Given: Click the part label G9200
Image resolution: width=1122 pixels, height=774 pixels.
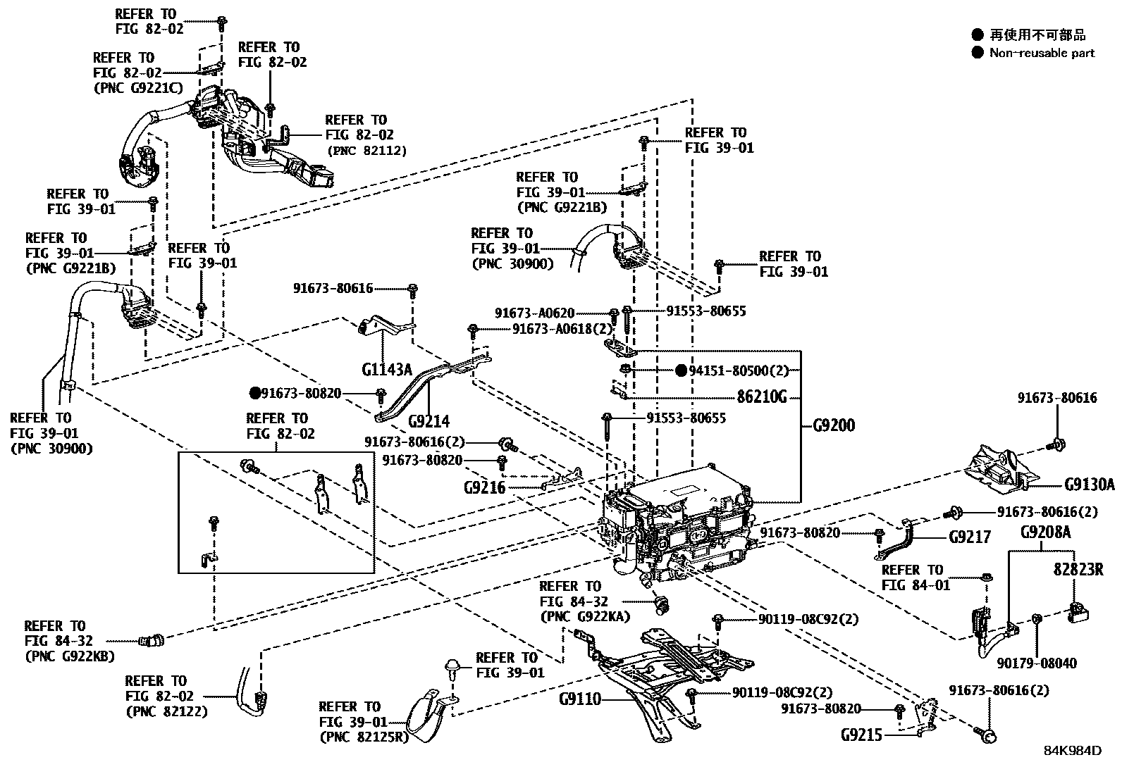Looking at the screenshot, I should pos(834,425).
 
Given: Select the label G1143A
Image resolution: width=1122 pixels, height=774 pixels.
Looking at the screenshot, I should pos(387,369).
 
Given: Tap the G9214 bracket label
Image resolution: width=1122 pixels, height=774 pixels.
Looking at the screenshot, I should pos(429,421).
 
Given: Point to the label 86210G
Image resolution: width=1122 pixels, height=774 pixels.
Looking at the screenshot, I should pos(762,397).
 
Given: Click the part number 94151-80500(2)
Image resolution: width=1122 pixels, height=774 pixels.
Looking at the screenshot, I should pos(739,370).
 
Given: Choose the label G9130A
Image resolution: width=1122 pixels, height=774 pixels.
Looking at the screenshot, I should pos(1090,485).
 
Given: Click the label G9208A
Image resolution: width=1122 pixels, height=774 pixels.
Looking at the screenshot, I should pos(1045,532).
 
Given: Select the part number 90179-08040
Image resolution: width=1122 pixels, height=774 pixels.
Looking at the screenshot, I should pos(1037,663).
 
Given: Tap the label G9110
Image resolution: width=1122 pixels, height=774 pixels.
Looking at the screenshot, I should pos(580,699).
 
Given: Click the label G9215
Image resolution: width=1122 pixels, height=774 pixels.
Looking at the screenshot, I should pos(861,735).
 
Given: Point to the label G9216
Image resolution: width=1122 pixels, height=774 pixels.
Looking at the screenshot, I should pos(484,487).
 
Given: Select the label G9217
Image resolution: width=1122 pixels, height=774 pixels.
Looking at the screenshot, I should pos(970,537).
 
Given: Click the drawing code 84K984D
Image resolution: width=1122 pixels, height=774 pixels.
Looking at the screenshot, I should pos(1072,751).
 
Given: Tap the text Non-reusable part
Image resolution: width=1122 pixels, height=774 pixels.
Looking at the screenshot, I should pos(1042,53).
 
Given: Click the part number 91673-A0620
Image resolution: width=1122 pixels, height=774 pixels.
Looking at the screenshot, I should pos(534,313).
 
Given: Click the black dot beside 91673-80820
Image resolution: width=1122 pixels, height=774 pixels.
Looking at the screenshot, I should pos(254,392).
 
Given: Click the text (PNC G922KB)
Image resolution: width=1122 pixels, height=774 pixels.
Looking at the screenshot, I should pos(69,656).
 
